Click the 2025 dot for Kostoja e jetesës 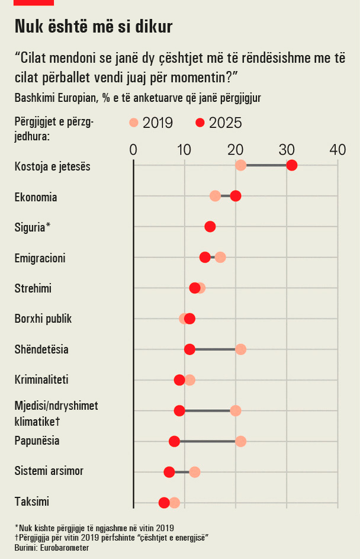(291, 165)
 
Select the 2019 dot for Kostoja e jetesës (240, 165)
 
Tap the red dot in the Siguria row (210, 227)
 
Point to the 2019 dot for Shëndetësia (240, 349)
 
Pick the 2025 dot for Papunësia (174, 441)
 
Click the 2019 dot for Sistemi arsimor (195, 472)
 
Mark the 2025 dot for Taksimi (164, 503)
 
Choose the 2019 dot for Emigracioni (220, 258)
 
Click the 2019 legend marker (133, 123)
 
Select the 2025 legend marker (200, 123)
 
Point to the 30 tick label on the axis (287, 150)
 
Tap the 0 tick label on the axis (133, 150)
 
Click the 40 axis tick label (337, 150)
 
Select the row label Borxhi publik (43, 319)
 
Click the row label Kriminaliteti (41, 380)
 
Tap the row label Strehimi (33, 288)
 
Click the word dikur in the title (154, 27)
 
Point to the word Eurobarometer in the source (65, 548)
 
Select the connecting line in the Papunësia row (207, 441)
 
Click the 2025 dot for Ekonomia (235, 196)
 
